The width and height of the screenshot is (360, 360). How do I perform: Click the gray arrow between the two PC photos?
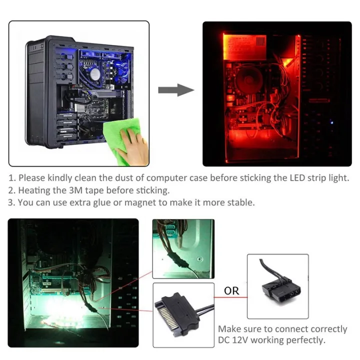click(x=175, y=90)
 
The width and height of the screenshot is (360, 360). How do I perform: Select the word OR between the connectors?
click(x=231, y=290)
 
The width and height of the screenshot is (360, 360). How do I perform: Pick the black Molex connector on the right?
click(x=276, y=287)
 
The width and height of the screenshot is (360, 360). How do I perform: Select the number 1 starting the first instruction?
click(x=10, y=178)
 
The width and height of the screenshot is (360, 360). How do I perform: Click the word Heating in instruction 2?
click(x=33, y=190)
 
